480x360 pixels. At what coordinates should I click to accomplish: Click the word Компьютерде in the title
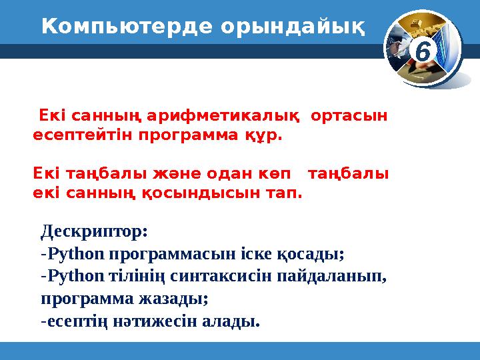118,27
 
